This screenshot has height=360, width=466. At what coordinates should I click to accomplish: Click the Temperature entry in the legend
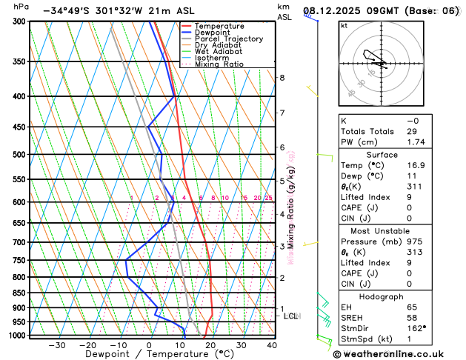[x=219, y=26]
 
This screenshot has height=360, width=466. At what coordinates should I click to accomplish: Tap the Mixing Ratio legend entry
[x=219, y=64]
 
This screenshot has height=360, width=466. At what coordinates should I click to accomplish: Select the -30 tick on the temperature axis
[x=57, y=345]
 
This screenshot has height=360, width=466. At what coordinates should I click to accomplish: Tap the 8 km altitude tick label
[x=282, y=78]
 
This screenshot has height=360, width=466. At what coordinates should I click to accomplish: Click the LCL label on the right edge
[x=291, y=316]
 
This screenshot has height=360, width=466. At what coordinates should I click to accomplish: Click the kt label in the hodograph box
[x=344, y=25]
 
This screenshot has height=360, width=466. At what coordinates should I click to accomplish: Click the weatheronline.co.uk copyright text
[x=398, y=353]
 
